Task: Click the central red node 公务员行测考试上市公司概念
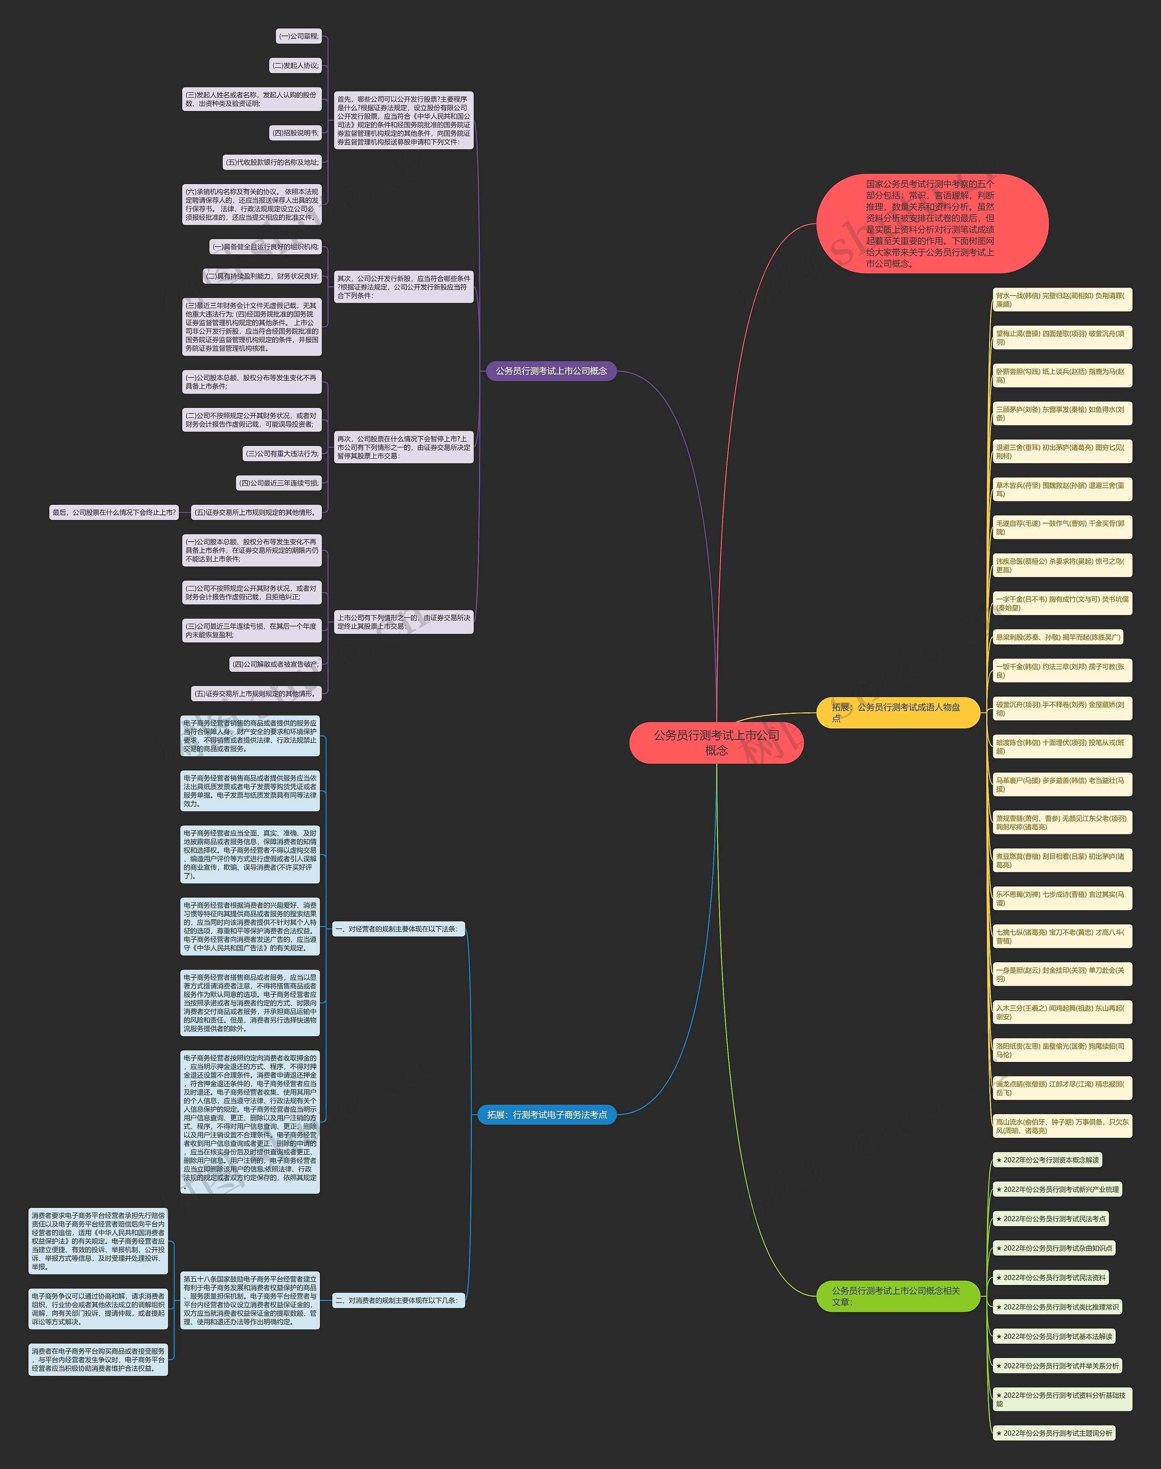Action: pyautogui.click(x=717, y=742)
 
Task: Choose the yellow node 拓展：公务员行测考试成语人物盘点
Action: pyautogui.click(x=897, y=712)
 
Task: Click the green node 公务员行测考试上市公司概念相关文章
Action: pyautogui.click(x=897, y=1296)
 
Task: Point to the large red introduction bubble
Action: pyautogui.click(x=931, y=223)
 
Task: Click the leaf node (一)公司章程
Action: pyautogui.click(x=298, y=36)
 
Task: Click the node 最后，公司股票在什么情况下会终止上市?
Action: pyautogui.click(x=114, y=512)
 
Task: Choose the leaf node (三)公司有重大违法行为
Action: pyautogui.click(x=282, y=453)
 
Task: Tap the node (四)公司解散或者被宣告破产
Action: pyautogui.click(x=275, y=664)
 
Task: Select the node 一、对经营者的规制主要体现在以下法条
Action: pyautogui.click(x=398, y=929)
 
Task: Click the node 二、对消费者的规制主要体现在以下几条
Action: pyautogui.click(x=398, y=1300)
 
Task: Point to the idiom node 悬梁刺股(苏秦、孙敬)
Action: pyautogui.click(x=1058, y=637)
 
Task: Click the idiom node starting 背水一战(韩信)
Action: pyautogui.click(x=1062, y=300)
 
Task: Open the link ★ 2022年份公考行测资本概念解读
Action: pyautogui.click(x=1047, y=1160)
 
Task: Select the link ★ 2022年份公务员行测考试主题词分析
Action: pyautogui.click(x=1054, y=1433)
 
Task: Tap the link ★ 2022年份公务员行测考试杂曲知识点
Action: pyautogui.click(x=1054, y=1248)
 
